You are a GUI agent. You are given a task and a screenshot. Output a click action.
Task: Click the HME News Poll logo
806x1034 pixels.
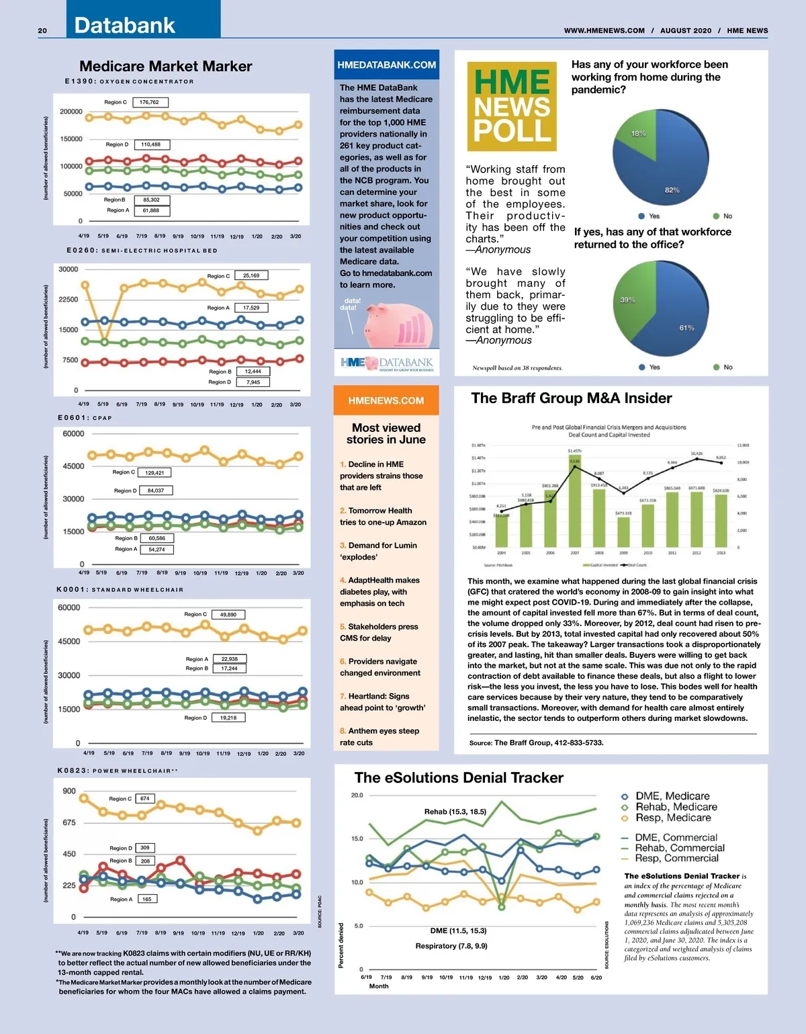click(x=512, y=106)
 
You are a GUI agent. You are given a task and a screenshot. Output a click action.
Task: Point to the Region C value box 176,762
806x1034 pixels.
click(x=150, y=102)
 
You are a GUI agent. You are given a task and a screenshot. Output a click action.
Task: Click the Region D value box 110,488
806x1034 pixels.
click(x=151, y=144)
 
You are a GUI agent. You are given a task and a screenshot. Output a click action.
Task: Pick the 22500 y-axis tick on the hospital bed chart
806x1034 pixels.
click(x=69, y=300)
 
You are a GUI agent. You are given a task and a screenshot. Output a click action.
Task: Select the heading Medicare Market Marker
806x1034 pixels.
click(x=166, y=66)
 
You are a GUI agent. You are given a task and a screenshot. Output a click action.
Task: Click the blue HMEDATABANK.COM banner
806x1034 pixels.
click(x=386, y=64)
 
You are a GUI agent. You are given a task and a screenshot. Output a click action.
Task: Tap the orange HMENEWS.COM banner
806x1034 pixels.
click(x=386, y=400)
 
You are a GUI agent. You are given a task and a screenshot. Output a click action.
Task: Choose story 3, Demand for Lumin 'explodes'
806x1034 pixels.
click(x=378, y=551)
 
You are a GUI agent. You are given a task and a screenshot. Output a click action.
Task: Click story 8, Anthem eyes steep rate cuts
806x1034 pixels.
click(x=379, y=736)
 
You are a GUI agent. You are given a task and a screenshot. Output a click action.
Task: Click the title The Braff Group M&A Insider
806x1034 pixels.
click(x=572, y=398)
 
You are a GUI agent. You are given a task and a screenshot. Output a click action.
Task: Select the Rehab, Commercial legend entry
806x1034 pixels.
click(x=679, y=848)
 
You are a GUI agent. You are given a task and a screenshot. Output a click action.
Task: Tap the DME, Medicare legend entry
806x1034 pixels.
click(x=672, y=795)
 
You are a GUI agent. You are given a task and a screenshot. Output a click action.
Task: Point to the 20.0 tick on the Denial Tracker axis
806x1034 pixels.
click(x=357, y=795)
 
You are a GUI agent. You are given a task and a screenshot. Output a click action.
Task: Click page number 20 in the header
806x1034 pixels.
click(x=42, y=30)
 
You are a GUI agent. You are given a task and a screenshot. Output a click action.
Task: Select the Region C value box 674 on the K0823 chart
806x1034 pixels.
click(x=145, y=798)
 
